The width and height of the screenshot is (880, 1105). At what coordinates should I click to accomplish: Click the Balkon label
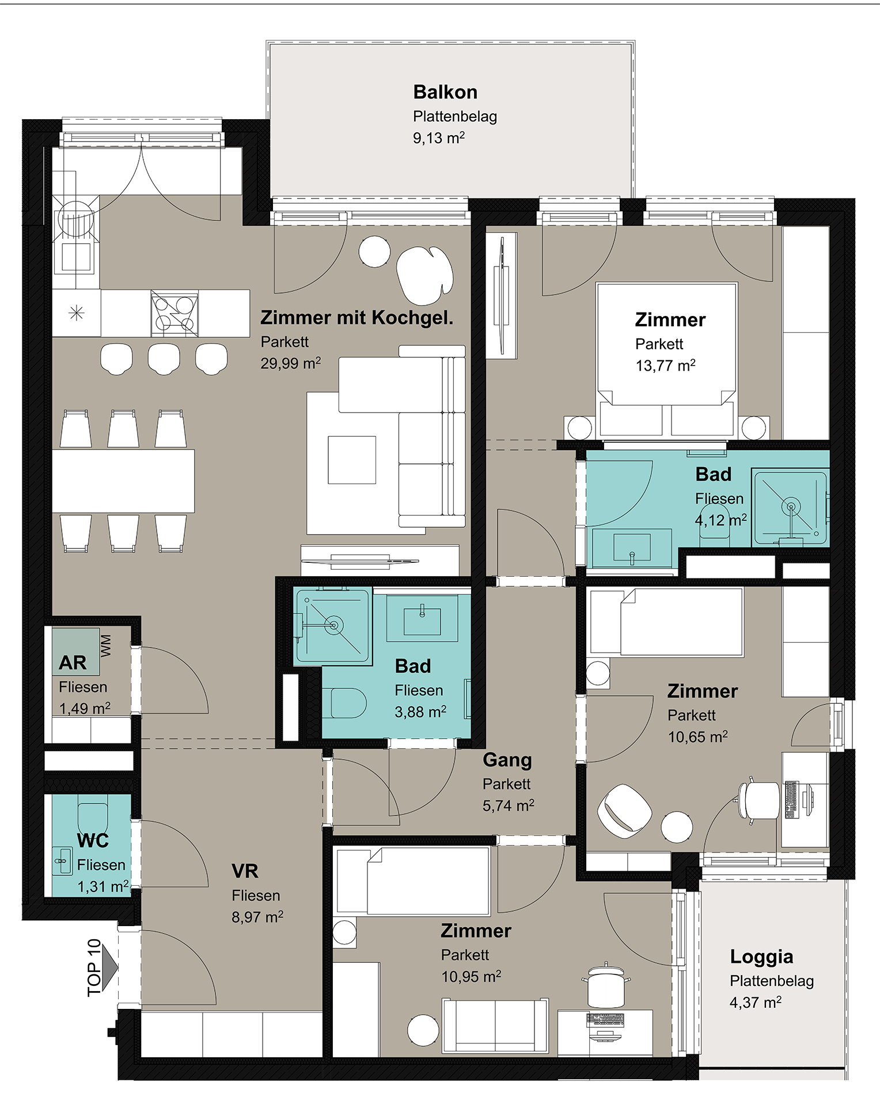[445, 92]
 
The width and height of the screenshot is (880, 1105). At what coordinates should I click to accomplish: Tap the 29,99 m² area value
[291, 364]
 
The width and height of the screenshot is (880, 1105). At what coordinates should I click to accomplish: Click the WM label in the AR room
[106, 646]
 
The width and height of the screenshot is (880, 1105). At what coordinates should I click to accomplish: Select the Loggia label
[761, 957]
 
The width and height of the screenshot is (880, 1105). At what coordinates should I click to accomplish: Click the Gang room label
[507, 760]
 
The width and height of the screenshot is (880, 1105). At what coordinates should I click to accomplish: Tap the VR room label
[245, 871]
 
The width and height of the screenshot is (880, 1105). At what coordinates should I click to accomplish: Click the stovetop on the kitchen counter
[175, 314]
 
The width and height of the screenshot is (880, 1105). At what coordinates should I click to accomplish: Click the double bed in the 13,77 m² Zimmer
[667, 359]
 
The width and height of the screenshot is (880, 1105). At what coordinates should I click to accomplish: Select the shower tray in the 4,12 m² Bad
[790, 507]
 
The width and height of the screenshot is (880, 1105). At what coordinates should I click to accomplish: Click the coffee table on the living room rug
[352, 460]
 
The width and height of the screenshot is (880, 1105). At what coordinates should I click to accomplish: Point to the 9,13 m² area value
[439, 138]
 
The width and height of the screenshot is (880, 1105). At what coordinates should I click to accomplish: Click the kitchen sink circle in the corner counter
[76, 219]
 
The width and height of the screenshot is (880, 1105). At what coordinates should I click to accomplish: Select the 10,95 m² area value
[471, 977]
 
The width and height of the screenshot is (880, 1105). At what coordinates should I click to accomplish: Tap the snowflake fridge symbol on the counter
[77, 313]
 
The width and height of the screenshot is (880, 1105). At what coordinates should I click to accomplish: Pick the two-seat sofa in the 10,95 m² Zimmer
[495, 1026]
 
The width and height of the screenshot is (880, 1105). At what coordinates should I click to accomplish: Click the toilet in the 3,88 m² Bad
[344, 703]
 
